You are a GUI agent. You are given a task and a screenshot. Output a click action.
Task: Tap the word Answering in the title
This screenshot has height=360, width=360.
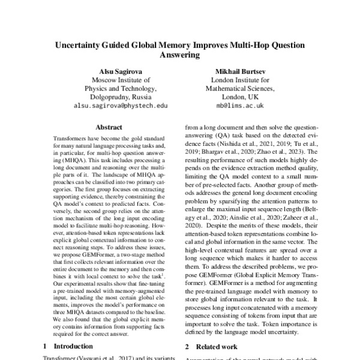point(180,55)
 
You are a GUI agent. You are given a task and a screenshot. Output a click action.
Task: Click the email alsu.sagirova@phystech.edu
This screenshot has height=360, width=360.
point(120,105)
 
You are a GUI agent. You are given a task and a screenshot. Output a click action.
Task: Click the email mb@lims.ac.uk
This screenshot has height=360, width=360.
point(240,104)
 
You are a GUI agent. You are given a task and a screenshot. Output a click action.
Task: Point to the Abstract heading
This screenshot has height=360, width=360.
point(108,127)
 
